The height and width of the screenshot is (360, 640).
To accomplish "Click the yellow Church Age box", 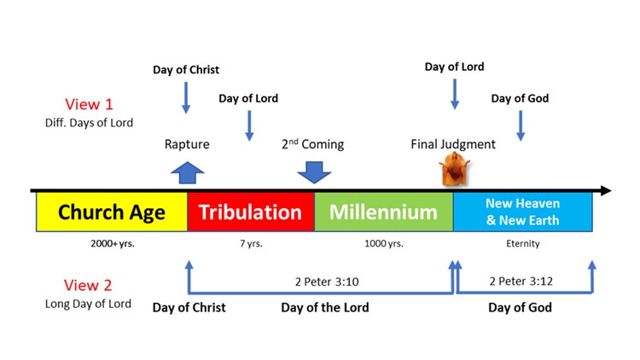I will (x=111, y=212).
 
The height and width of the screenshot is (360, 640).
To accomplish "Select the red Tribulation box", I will (x=251, y=212).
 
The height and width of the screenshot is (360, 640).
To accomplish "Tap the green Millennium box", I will (x=383, y=212).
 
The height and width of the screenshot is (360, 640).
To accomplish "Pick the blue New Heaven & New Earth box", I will (x=522, y=212).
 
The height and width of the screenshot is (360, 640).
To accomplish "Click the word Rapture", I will (x=187, y=144).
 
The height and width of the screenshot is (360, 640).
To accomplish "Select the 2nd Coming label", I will (x=313, y=144).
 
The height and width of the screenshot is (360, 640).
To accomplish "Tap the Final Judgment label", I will (x=452, y=144).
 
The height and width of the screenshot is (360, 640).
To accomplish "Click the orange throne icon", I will (x=452, y=172).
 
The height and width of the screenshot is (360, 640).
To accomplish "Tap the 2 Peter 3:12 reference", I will (x=520, y=279).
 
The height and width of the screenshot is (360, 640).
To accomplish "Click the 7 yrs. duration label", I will (x=251, y=244).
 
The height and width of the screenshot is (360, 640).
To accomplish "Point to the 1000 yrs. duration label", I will (x=383, y=244).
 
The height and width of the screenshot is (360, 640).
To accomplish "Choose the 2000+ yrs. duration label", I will (x=112, y=244).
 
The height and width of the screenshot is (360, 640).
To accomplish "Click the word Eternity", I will (x=522, y=244).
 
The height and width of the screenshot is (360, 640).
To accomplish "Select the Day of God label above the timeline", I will (x=520, y=98).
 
